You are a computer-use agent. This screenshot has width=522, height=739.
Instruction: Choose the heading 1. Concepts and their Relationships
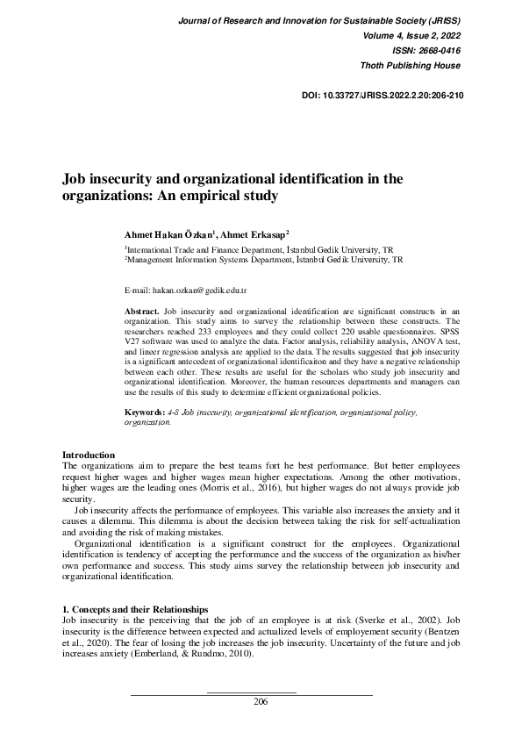[135, 609]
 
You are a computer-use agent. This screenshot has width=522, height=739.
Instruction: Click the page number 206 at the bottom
[261, 701]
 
